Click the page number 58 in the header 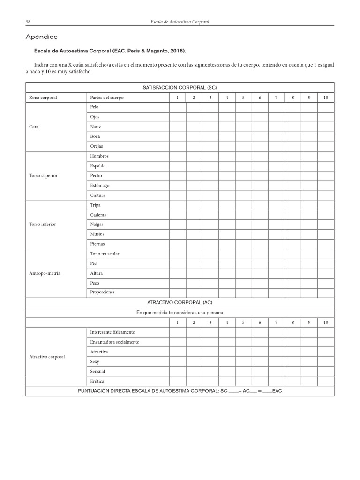[x=28, y=22]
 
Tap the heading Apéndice [x=42, y=37]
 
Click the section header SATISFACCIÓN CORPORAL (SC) [x=180, y=88]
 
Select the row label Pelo [x=94, y=107]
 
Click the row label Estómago [x=99, y=185]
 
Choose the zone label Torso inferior [x=42, y=224]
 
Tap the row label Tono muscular [x=105, y=254]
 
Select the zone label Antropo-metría [x=45, y=273]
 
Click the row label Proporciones [x=102, y=292]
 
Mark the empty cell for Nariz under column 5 [x=243, y=127]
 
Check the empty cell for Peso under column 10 [x=326, y=283]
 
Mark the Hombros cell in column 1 [x=178, y=156]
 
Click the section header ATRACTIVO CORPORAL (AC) [x=180, y=303]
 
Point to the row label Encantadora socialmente [x=114, y=342]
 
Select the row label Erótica [x=97, y=381]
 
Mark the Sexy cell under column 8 [x=292, y=361]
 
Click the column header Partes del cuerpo [x=107, y=97]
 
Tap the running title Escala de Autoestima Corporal [x=180, y=22]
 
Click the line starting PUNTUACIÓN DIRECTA [x=180, y=391]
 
